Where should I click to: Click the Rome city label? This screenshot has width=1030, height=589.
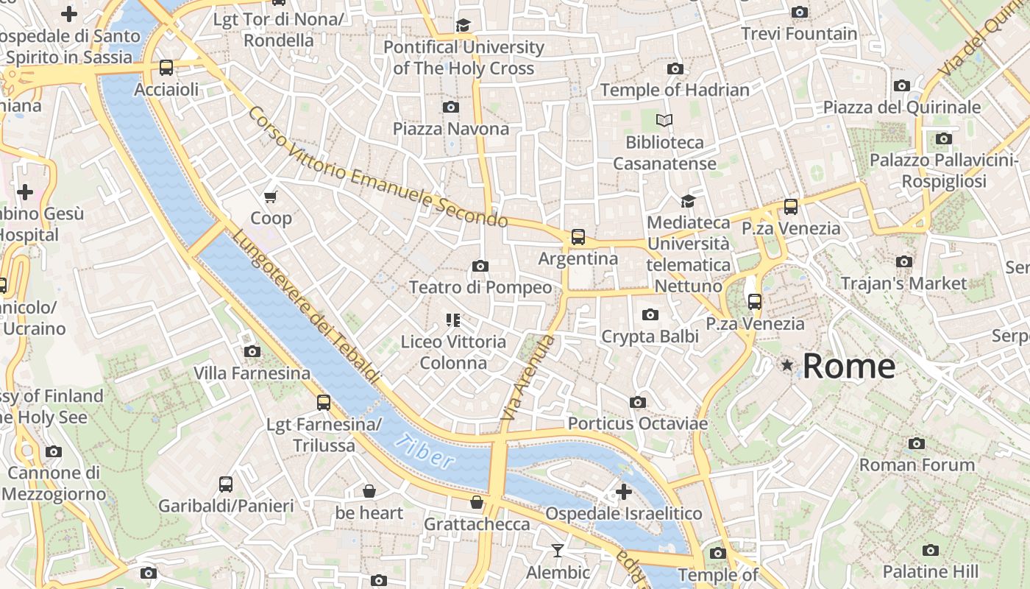point(848,366)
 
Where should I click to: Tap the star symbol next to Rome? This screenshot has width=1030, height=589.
point(788,365)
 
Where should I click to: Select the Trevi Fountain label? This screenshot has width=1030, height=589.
point(799,34)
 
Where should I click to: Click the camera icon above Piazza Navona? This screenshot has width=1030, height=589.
point(451,107)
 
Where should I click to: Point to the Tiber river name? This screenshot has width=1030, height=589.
point(424,452)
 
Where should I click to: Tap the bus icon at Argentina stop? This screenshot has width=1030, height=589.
point(578,237)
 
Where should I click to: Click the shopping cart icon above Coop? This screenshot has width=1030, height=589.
point(271,197)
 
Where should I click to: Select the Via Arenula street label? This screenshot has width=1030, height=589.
point(528,378)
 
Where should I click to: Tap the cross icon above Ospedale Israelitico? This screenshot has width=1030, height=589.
point(624,491)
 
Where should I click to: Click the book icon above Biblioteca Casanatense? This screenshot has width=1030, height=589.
point(664,120)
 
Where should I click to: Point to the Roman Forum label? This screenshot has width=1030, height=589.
point(917,465)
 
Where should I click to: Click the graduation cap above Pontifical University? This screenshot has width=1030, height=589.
point(463,26)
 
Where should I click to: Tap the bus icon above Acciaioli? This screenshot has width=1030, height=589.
point(166,68)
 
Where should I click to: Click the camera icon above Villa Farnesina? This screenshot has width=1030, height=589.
point(252,352)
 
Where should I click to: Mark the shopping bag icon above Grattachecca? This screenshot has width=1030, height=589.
point(477,503)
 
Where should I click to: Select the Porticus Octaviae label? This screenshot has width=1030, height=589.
point(637,424)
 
